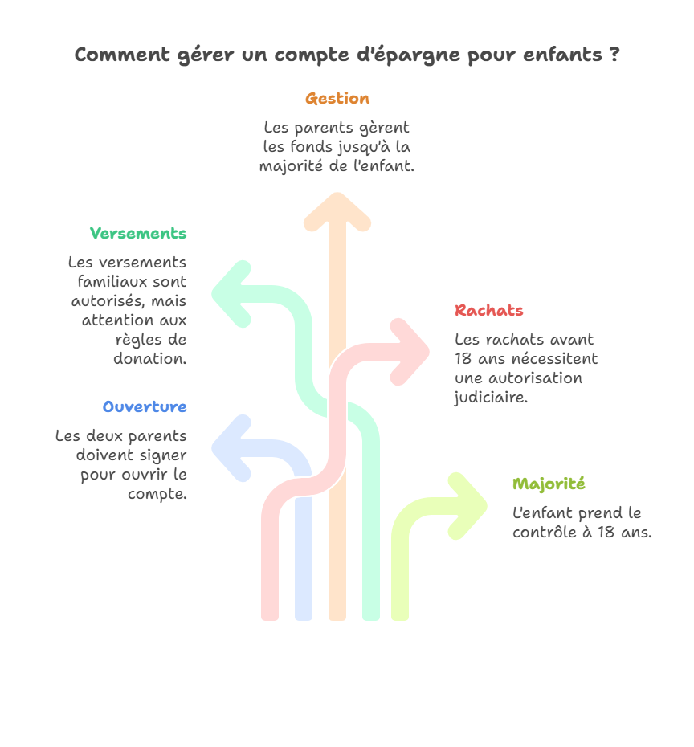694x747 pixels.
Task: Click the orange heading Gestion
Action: tap(337, 99)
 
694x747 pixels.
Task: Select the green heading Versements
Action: tap(138, 234)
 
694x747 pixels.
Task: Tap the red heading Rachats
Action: tap(489, 311)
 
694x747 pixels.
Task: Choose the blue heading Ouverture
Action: tap(145, 407)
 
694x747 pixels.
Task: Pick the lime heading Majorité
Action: tap(549, 484)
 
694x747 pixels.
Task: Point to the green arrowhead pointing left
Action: tap(222, 294)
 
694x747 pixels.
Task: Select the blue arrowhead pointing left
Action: tap(222, 448)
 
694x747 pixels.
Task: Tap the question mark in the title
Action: tap(614, 55)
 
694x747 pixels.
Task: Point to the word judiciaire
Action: tap(491, 398)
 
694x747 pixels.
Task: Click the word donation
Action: tap(149, 359)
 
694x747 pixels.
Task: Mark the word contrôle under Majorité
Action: tap(546, 533)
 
